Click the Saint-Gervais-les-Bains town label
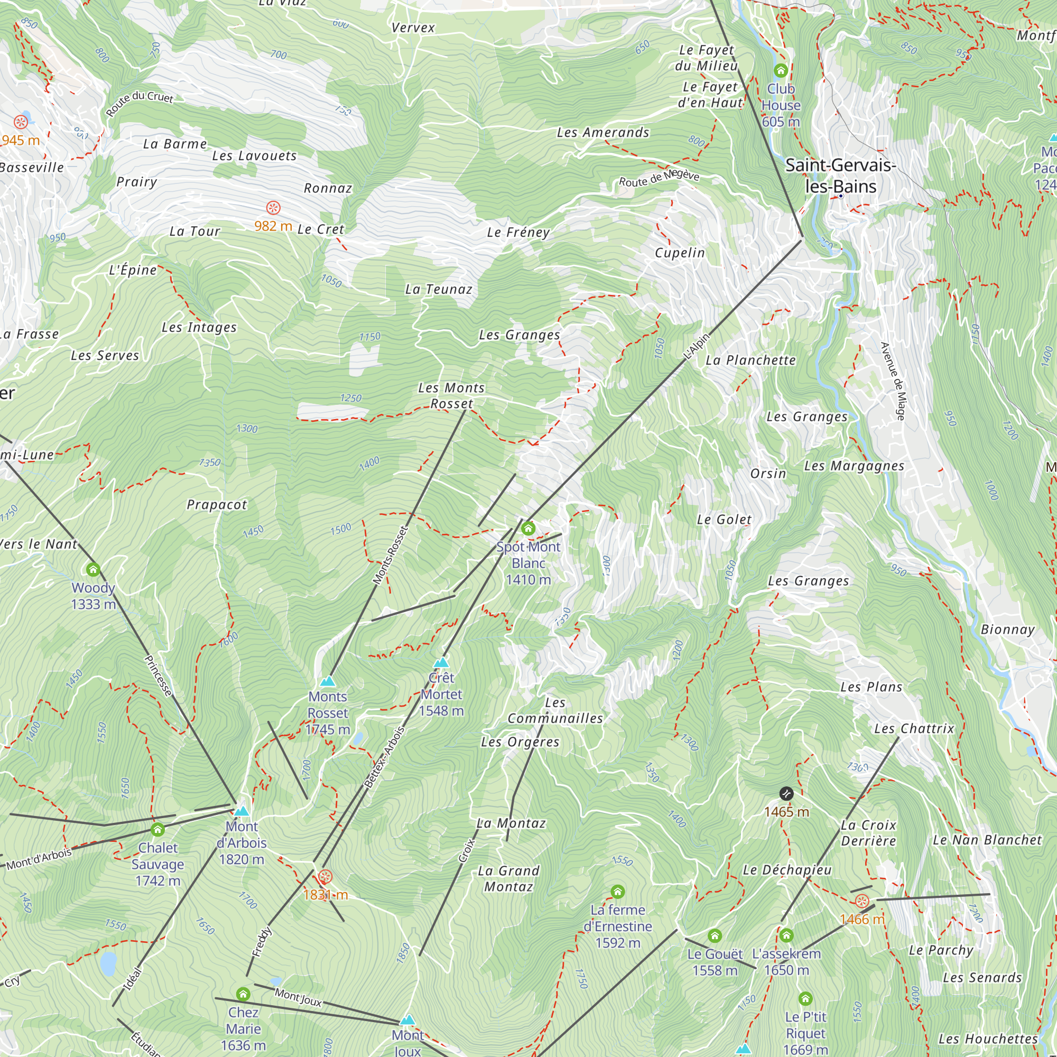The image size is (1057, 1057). pos(840,175)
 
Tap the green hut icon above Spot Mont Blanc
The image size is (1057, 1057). pos(528,528)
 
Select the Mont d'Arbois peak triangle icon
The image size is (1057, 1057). pos(242,811)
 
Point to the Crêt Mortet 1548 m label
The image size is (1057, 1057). pos(441,694)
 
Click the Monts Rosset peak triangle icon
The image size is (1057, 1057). pos(327,681)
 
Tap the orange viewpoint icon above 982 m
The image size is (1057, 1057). pos(273,208)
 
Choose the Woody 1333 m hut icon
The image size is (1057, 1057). pos(93,570)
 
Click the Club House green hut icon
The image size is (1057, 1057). pos(781,71)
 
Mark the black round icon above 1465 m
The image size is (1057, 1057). pos(786,793)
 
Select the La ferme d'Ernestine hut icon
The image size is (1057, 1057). pos(618,892)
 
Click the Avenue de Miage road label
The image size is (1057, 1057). pos(892,382)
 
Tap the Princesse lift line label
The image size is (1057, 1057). pos(157,675)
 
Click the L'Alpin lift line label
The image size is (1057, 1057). pos(697,346)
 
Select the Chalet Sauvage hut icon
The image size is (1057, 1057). pos(157,829)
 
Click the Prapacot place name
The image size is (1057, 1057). pos(217,504)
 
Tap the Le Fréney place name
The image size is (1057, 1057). pos(518,233)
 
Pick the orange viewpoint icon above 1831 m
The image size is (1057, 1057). pos(325,877)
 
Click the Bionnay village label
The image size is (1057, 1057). pos(1007,630)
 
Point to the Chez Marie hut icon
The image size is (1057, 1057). pos(243,994)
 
